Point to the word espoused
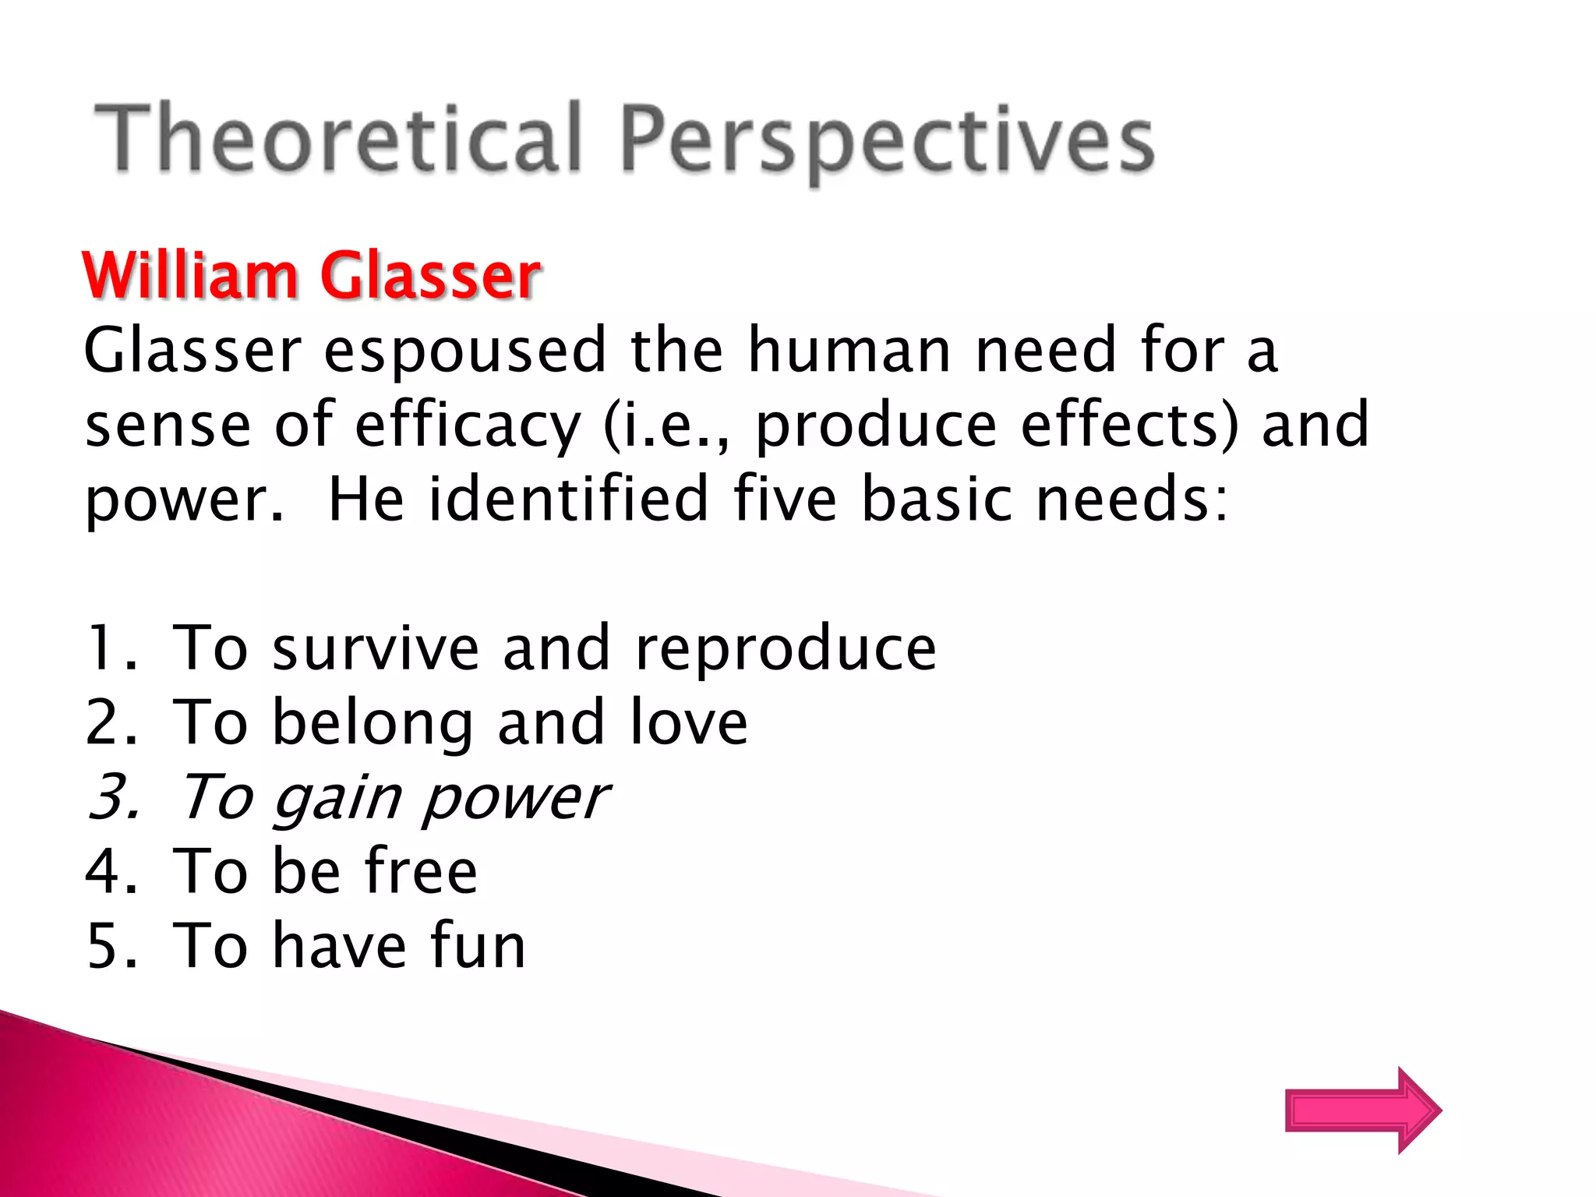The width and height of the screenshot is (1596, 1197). pyautogui.click(x=464, y=352)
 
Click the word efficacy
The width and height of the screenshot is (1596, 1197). pyautogui.click(x=468, y=427)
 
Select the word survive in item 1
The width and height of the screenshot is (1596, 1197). pyautogui.click(x=375, y=648)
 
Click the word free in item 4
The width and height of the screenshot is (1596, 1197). pyautogui.click(x=421, y=871)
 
